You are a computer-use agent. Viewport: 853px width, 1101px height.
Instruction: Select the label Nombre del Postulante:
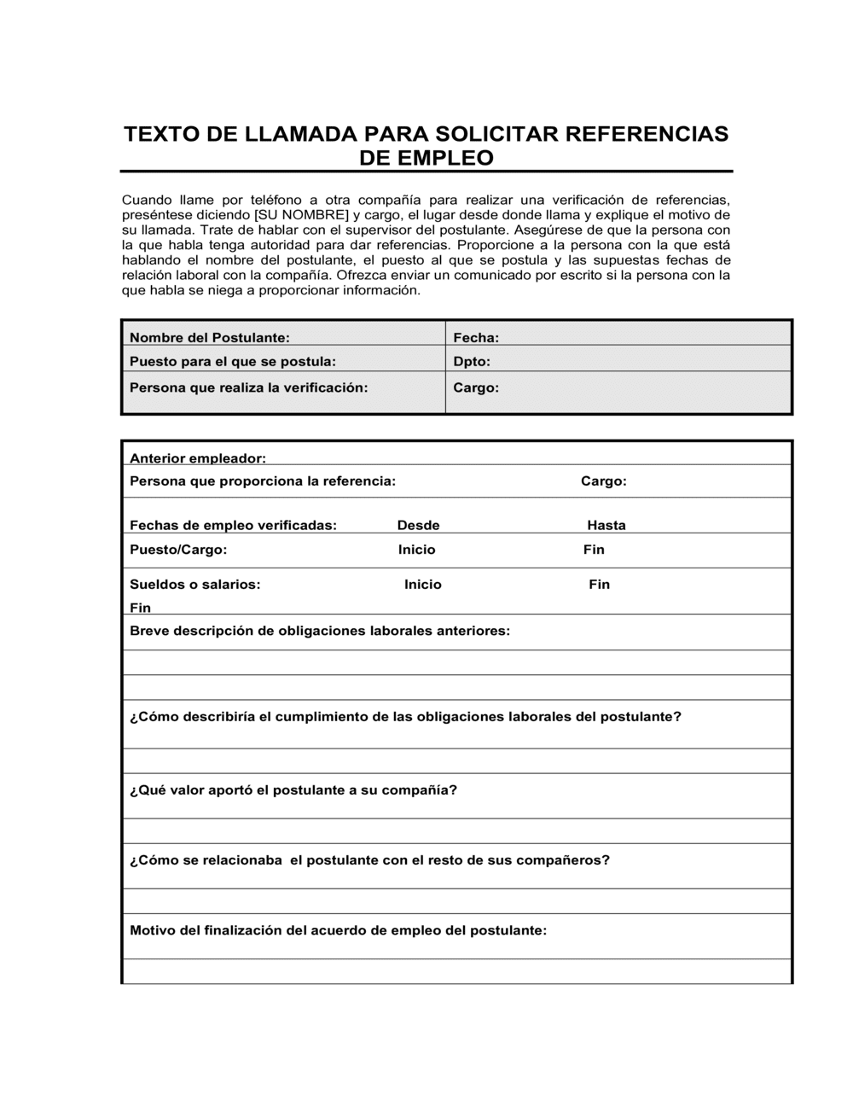[x=210, y=338]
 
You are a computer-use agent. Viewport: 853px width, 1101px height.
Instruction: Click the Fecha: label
[x=476, y=338]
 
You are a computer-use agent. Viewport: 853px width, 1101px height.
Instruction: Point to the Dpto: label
[x=472, y=362]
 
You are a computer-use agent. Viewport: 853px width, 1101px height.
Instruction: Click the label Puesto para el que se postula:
[x=233, y=362]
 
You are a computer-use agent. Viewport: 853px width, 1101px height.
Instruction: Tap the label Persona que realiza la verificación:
[x=248, y=387]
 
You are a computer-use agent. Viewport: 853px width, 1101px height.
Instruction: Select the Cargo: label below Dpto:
[x=476, y=387]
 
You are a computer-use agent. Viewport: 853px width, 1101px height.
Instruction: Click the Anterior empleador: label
[x=198, y=458]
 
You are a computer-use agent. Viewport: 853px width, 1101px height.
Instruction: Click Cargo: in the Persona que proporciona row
[x=604, y=481]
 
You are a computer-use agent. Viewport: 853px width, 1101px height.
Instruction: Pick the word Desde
[x=419, y=526]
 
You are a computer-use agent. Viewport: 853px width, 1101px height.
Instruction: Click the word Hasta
[x=606, y=526]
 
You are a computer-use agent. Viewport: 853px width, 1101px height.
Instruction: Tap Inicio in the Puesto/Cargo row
[x=417, y=550]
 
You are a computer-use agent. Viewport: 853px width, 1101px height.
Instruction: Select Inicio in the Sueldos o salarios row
[x=423, y=585]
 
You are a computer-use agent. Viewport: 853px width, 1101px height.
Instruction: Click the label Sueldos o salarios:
[x=195, y=585]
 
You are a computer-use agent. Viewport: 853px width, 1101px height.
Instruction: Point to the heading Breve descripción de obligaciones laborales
[x=320, y=632]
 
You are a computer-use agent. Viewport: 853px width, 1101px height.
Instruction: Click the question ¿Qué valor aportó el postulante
[x=293, y=790]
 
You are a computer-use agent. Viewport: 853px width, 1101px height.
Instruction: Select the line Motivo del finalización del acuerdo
[x=338, y=930]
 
